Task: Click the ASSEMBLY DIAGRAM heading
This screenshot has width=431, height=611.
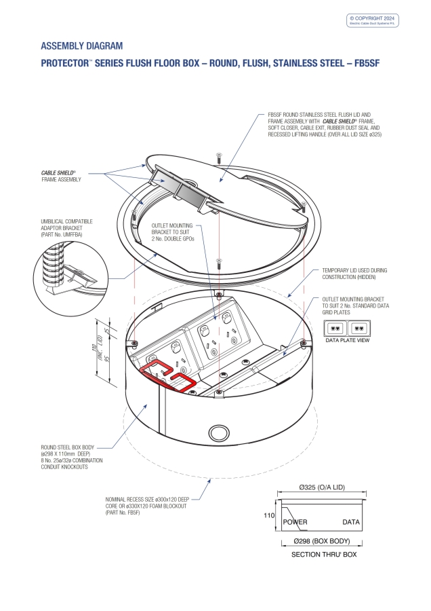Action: point(82,46)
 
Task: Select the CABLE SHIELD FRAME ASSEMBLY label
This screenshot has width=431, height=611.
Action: point(62,177)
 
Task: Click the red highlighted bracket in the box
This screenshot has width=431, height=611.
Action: point(169,377)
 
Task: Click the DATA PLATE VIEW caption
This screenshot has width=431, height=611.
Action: point(348,340)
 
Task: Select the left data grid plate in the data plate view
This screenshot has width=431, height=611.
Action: point(335,327)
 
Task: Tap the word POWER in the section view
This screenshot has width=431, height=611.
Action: point(295,522)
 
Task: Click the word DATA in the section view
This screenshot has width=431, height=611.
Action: point(350,522)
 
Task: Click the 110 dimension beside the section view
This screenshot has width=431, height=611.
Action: point(269,516)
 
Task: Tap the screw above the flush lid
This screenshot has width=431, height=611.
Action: point(219,158)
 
